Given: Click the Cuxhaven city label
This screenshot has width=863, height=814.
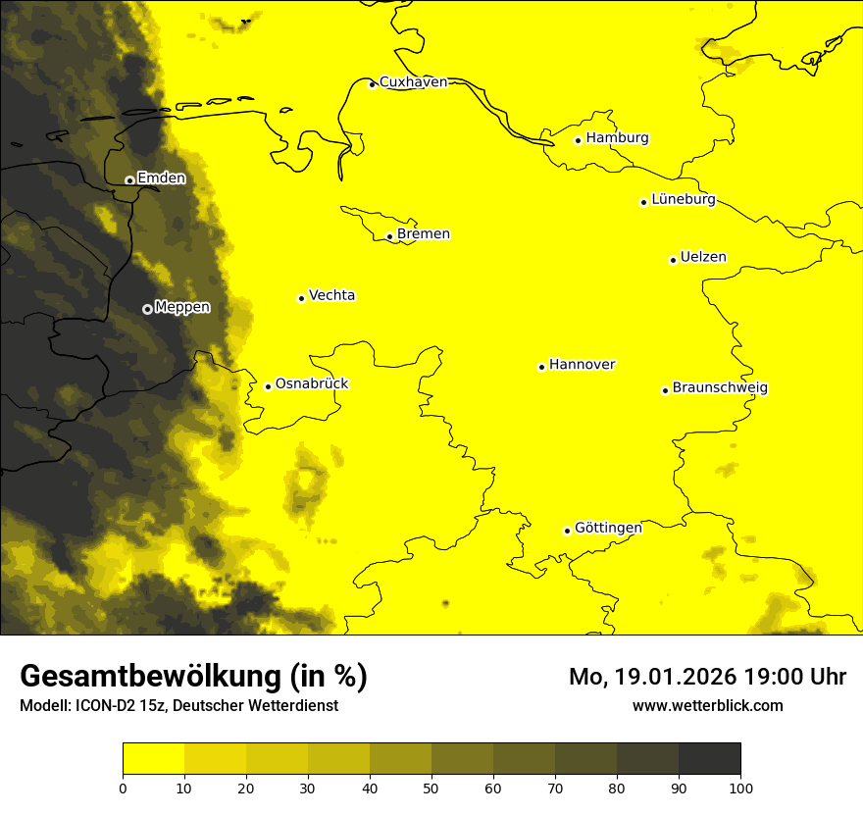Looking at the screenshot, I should click(413, 82).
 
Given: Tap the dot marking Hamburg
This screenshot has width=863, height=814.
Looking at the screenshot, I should click(579, 140).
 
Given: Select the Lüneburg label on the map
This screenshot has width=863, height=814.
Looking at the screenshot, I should click(684, 200).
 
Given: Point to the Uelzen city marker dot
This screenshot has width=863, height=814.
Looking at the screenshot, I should click(673, 260).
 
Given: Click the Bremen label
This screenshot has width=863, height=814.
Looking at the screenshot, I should click(424, 234).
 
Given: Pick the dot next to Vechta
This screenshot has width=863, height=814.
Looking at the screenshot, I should click(301, 298).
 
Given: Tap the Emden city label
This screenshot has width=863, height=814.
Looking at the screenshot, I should click(161, 178).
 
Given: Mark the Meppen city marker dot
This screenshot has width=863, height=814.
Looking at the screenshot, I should click(147, 309).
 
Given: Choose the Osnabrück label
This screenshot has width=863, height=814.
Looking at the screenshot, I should click(312, 384).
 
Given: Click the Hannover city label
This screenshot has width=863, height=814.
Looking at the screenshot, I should click(582, 365).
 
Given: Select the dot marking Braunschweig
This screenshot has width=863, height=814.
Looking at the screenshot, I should click(665, 390).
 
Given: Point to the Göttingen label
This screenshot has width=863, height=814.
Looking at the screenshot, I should click(608, 528).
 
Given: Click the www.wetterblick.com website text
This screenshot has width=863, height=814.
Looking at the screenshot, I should click(708, 705).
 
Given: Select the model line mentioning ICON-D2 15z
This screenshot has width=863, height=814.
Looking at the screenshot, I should click(178, 706).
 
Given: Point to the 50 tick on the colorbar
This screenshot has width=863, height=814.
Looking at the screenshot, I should click(431, 788).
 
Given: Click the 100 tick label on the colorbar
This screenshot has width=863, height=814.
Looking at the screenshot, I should click(740, 788).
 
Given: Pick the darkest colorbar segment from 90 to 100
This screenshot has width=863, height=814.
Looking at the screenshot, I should click(709, 759).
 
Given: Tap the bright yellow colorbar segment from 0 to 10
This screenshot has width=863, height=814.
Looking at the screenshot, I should click(153, 759).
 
